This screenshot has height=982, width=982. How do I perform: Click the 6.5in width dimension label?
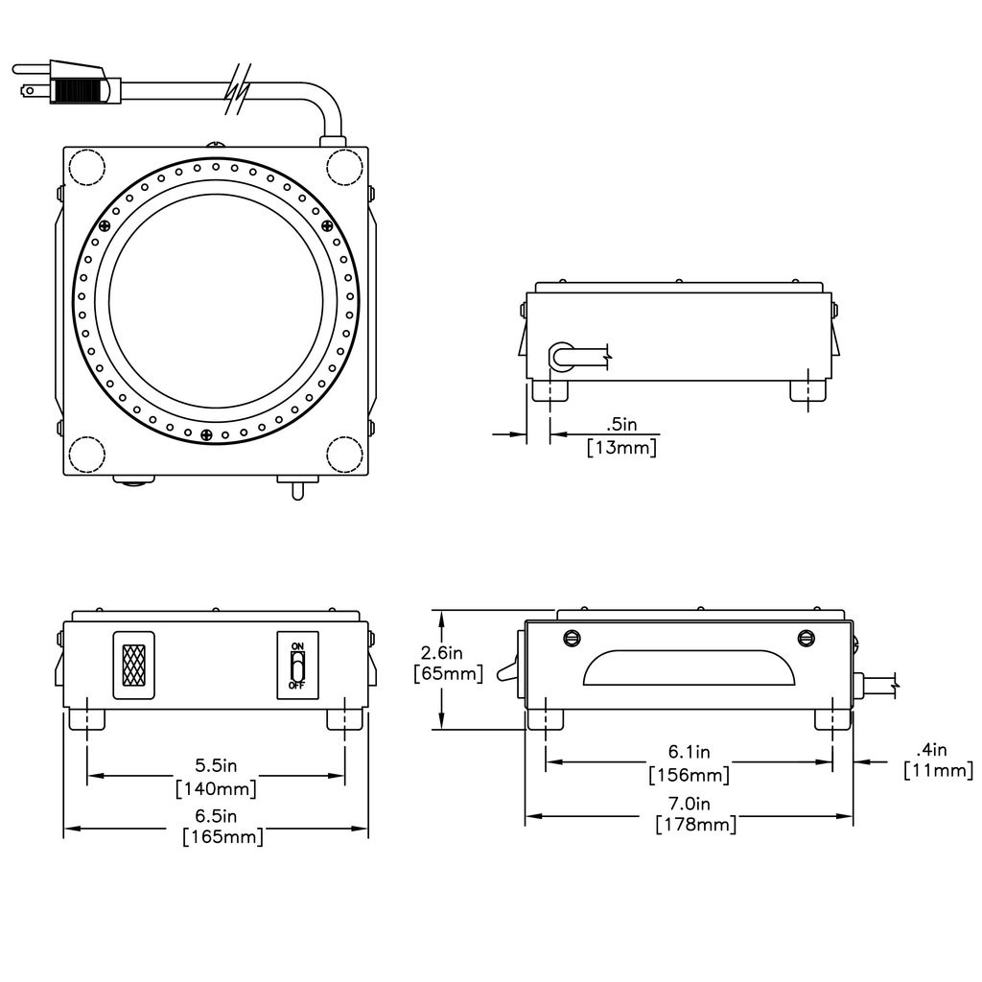pos(216,816)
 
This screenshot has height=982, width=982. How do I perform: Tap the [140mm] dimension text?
pos(216,788)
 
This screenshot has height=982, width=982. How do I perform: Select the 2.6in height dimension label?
pos(441,653)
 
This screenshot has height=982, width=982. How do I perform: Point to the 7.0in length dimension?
pos(689,803)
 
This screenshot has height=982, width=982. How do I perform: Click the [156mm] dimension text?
pos(689,775)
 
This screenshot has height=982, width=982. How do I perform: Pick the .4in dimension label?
pos(931,750)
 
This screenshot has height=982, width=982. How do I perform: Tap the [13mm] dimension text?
pos(621,448)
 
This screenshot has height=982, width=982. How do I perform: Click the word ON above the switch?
pos(297,645)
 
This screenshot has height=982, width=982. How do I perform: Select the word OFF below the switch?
pos(297,686)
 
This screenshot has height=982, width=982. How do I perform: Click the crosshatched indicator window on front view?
pos(133,666)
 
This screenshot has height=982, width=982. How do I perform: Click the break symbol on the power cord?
pos(239,89)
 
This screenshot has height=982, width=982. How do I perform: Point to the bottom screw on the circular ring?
pos(206,434)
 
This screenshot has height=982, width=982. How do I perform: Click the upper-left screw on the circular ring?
pos(105,226)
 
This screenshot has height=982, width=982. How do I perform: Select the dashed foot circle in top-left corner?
pos(86,167)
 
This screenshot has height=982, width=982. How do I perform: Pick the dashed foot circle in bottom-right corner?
pos(344,454)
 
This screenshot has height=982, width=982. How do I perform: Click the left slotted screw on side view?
pos(572,638)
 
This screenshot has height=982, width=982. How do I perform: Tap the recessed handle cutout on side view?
pos(689,667)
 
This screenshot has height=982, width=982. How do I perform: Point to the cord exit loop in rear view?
pos(562,356)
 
